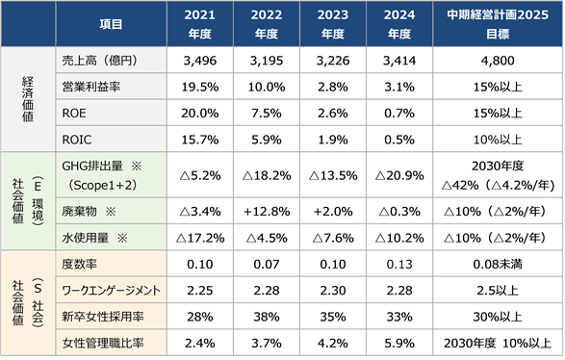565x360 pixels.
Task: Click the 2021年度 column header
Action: pyautogui.click(x=199, y=24)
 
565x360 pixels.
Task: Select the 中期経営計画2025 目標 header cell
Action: pyautogui.click(x=498, y=24)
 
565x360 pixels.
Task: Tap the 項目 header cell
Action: pyautogui.click(x=111, y=24)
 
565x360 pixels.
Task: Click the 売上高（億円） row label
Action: pyautogui.click(x=99, y=61)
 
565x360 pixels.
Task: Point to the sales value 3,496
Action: pyautogui.click(x=199, y=61)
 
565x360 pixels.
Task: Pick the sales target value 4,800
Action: pyautogui.click(x=498, y=61)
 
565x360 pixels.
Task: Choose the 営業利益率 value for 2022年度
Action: pyautogui.click(x=267, y=87)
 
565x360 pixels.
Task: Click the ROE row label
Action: pyautogui.click(x=74, y=114)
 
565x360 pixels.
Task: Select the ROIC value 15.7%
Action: pyautogui.click(x=199, y=140)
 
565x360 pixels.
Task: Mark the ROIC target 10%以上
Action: pyautogui.click(x=498, y=140)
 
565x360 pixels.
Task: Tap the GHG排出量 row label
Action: pyautogui.click(x=102, y=175)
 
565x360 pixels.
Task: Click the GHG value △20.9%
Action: pyautogui.click(x=399, y=175)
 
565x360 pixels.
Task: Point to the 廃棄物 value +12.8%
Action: pyautogui.click(x=267, y=211)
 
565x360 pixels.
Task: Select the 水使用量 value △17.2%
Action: pyautogui.click(x=199, y=238)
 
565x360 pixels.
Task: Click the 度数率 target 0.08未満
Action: pyautogui.click(x=498, y=264)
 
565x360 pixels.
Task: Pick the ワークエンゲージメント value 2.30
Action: pyautogui.click(x=333, y=291)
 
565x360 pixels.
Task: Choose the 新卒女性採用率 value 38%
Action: pyautogui.click(x=267, y=317)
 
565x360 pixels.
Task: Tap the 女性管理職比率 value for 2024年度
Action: pyautogui.click(x=399, y=343)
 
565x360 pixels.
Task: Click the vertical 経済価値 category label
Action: pyautogui.click(x=28, y=99)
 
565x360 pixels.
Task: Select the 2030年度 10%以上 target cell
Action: pyautogui.click(x=498, y=343)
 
